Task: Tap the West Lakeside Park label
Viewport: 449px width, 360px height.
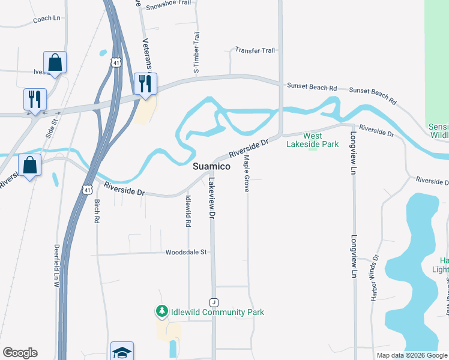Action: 312,140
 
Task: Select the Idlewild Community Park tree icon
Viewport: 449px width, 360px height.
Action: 161,311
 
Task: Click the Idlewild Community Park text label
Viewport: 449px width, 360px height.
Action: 217,312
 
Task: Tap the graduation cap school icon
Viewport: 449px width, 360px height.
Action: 122,352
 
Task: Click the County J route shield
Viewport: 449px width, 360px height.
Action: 213,301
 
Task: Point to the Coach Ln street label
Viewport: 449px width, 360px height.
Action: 47,19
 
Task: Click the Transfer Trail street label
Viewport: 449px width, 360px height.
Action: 255,50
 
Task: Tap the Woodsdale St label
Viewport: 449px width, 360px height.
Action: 186,253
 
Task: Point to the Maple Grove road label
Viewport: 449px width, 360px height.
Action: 246,173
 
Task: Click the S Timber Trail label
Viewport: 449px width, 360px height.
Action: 196,54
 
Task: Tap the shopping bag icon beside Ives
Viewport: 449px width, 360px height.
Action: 55,62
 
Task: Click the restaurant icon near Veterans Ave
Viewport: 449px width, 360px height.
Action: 145,84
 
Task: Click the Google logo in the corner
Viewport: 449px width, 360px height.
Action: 20,353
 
